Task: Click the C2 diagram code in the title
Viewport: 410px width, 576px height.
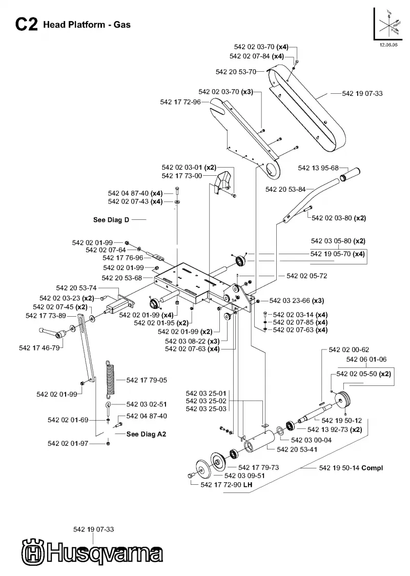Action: point(26,25)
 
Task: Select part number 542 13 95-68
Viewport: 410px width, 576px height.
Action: point(318,168)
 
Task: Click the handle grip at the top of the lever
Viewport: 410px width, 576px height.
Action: point(350,174)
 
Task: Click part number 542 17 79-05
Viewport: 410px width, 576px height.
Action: point(147,380)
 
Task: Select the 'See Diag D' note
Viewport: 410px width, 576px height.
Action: point(111,220)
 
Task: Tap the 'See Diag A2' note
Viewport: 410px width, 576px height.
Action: point(146,434)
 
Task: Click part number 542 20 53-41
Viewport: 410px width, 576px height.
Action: point(297,449)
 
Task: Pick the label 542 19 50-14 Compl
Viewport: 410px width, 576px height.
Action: point(351,468)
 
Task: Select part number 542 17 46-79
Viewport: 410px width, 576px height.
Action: point(39,347)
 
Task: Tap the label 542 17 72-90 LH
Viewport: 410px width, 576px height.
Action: point(227,485)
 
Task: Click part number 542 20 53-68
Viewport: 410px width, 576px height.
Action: point(121,278)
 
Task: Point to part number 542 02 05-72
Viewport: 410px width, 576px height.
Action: point(307,276)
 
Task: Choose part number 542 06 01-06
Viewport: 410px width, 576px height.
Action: point(366,359)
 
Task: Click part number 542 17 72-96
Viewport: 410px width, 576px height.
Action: point(180,102)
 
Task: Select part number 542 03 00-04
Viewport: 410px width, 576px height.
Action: point(311,440)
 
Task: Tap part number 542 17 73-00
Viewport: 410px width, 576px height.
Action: point(182,176)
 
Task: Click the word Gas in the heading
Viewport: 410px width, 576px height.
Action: point(122,25)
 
